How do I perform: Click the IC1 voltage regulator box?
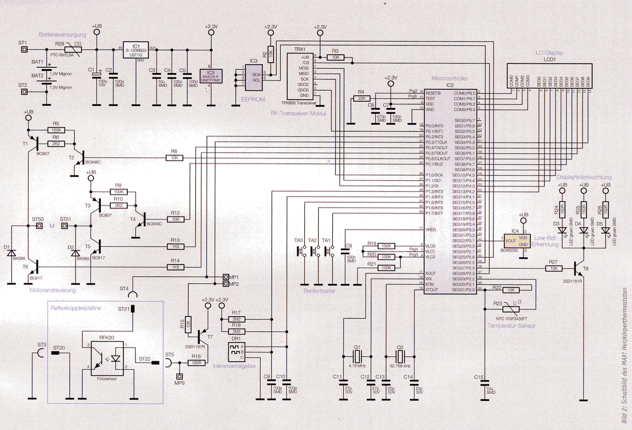(136, 50)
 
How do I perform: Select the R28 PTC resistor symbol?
(73, 50)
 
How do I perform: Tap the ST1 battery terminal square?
(24, 50)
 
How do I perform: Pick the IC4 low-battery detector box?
(515, 241)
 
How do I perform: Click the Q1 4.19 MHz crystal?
(357, 356)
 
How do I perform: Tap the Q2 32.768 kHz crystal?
(400, 356)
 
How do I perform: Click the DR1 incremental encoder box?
(236, 352)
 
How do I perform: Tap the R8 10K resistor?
(174, 158)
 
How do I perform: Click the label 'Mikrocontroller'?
(450, 78)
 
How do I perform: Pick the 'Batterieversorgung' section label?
(63, 35)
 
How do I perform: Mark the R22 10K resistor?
(511, 290)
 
